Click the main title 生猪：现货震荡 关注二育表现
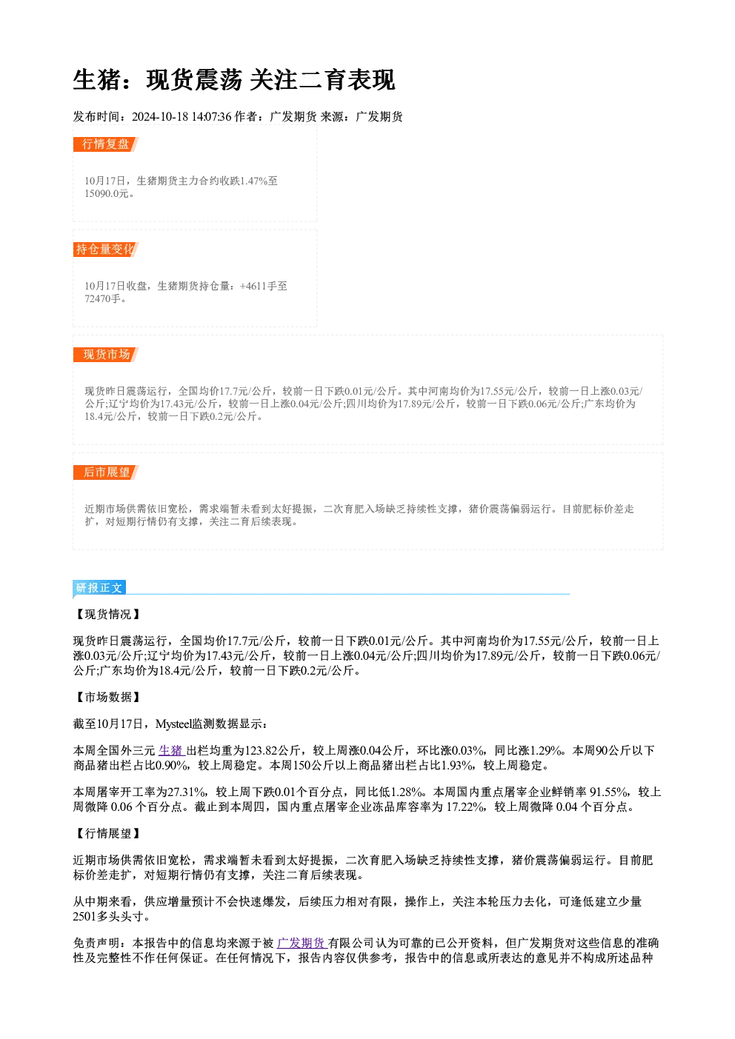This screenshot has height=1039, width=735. [234, 80]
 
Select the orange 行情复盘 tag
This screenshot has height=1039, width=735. [105, 144]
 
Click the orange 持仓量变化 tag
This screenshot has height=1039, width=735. [105, 250]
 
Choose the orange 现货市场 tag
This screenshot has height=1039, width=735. [105, 355]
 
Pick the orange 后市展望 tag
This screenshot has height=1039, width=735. [105, 472]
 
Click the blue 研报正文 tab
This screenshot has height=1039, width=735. [99, 588]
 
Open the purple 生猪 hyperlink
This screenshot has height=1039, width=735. [172, 750]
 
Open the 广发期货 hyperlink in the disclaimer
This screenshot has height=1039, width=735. [302, 943]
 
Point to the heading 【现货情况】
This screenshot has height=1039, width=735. [107, 614]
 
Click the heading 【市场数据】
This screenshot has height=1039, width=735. [107, 697]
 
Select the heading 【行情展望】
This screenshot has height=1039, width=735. [107, 834]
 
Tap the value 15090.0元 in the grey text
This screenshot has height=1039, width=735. [106, 194]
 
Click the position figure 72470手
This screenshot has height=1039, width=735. [102, 298]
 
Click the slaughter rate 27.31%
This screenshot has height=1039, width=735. [186, 792]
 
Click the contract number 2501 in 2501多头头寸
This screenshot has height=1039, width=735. [85, 917]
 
